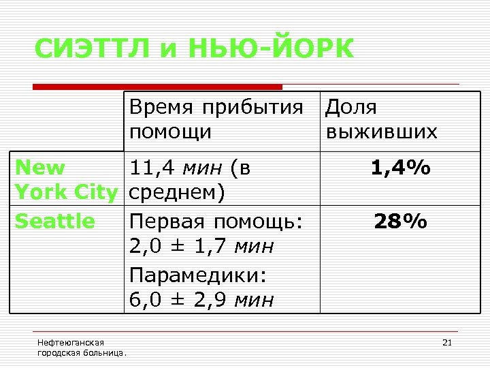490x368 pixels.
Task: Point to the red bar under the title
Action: tap(158, 87)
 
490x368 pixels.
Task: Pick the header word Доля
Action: tap(351, 108)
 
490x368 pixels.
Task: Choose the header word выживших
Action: tap(382, 132)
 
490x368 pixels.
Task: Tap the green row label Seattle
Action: tap(54, 221)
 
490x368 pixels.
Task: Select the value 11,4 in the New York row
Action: tap(150, 168)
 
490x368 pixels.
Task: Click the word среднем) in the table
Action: tap(176, 193)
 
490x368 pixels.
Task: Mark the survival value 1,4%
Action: tap(400, 168)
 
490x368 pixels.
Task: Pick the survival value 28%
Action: tap(400, 221)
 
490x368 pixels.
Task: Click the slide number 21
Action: tap(447, 342)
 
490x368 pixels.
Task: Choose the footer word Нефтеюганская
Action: tap(71, 342)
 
